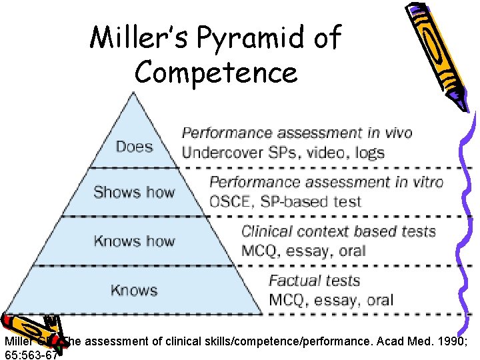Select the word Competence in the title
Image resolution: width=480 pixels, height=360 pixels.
[215, 72]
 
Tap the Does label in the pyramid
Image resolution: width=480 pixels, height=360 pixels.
[134, 145]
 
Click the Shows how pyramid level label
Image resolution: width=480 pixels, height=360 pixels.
[133, 193]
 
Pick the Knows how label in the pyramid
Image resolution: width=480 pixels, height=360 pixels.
[133, 241]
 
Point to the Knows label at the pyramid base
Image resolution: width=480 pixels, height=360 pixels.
[133, 290]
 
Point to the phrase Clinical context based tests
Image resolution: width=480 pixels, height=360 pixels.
[338, 232]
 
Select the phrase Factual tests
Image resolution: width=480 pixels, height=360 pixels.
[314, 281]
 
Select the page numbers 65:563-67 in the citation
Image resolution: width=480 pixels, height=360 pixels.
[31, 354]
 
